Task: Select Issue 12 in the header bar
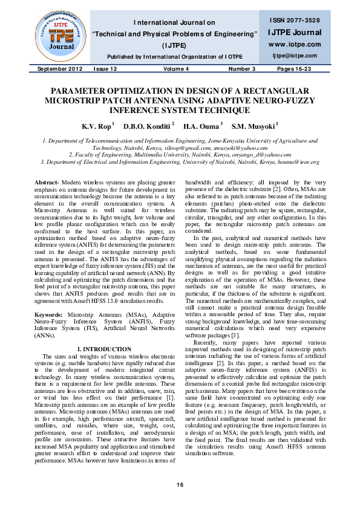pos(105,70)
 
